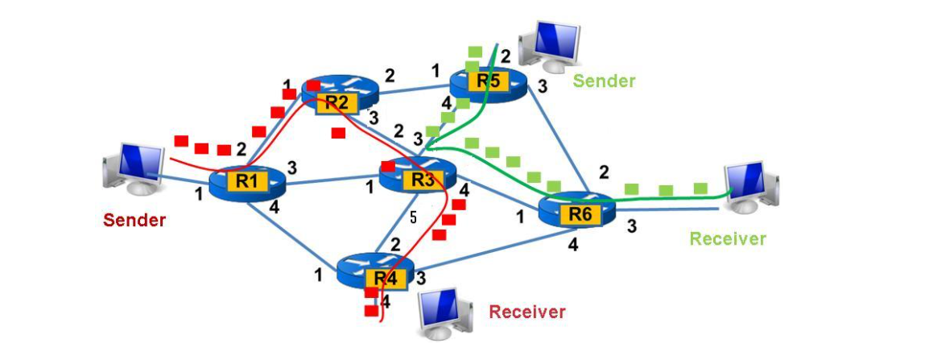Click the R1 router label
click(247, 182)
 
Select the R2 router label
click(337, 102)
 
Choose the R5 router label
click(487, 81)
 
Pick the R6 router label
click(580, 214)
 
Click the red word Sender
click(134, 220)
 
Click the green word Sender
click(604, 81)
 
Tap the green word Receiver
click(728, 238)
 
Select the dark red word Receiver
click(527, 312)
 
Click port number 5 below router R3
click(413, 217)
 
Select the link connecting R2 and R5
click(412, 87)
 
